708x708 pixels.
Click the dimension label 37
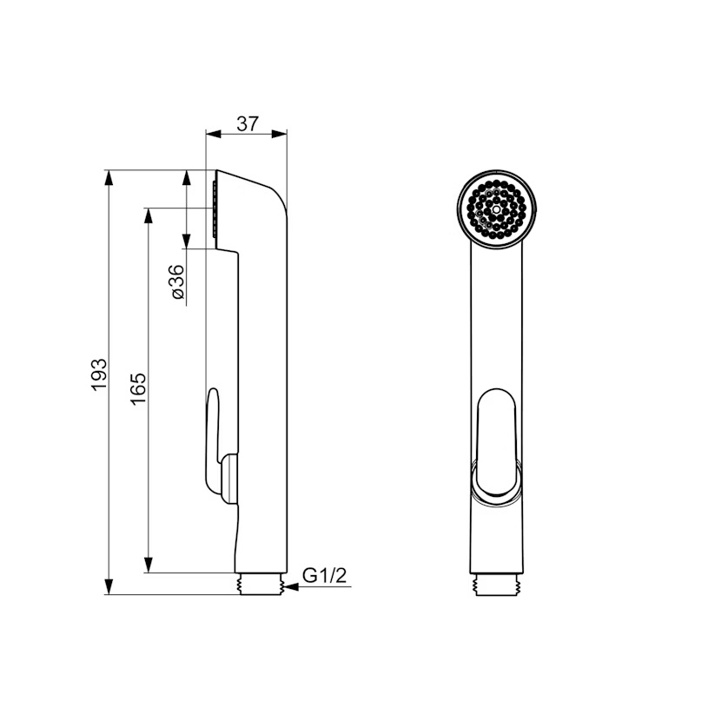point(248,123)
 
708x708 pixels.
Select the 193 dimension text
point(99,374)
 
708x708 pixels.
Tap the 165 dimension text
point(139,389)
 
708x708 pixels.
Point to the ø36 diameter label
point(178,281)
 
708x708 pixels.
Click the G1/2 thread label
point(324,576)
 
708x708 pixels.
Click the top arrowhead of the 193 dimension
point(109,177)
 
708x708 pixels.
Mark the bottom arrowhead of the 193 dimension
point(109,587)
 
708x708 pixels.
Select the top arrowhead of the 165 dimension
point(147,215)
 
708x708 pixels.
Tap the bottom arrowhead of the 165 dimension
point(147,566)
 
